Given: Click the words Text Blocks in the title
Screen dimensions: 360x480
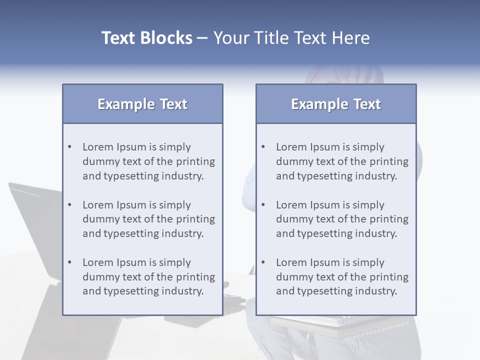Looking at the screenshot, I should [x=146, y=38].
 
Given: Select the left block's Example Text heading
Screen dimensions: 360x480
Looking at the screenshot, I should [x=142, y=104].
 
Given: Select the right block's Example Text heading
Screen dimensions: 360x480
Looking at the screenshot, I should [x=336, y=104].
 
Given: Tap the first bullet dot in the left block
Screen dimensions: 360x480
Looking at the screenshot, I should [x=70, y=147].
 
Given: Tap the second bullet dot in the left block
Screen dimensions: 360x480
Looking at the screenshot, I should [x=70, y=205].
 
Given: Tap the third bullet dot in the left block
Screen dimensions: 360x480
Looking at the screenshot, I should [x=70, y=262].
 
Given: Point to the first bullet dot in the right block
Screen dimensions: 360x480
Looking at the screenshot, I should [x=263, y=147].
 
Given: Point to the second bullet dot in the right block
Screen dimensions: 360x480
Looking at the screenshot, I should [x=263, y=205].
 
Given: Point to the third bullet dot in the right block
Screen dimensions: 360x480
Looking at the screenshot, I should [x=263, y=262].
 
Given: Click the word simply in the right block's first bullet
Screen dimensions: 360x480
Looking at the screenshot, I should [x=368, y=147].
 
